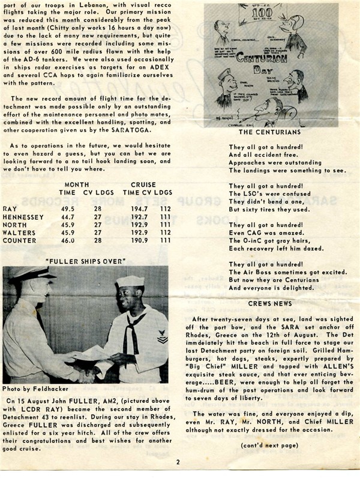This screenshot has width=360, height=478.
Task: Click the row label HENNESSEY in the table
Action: (x=23, y=216)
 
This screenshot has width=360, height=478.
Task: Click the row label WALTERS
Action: (x=19, y=232)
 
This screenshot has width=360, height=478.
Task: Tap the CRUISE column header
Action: (x=143, y=185)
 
